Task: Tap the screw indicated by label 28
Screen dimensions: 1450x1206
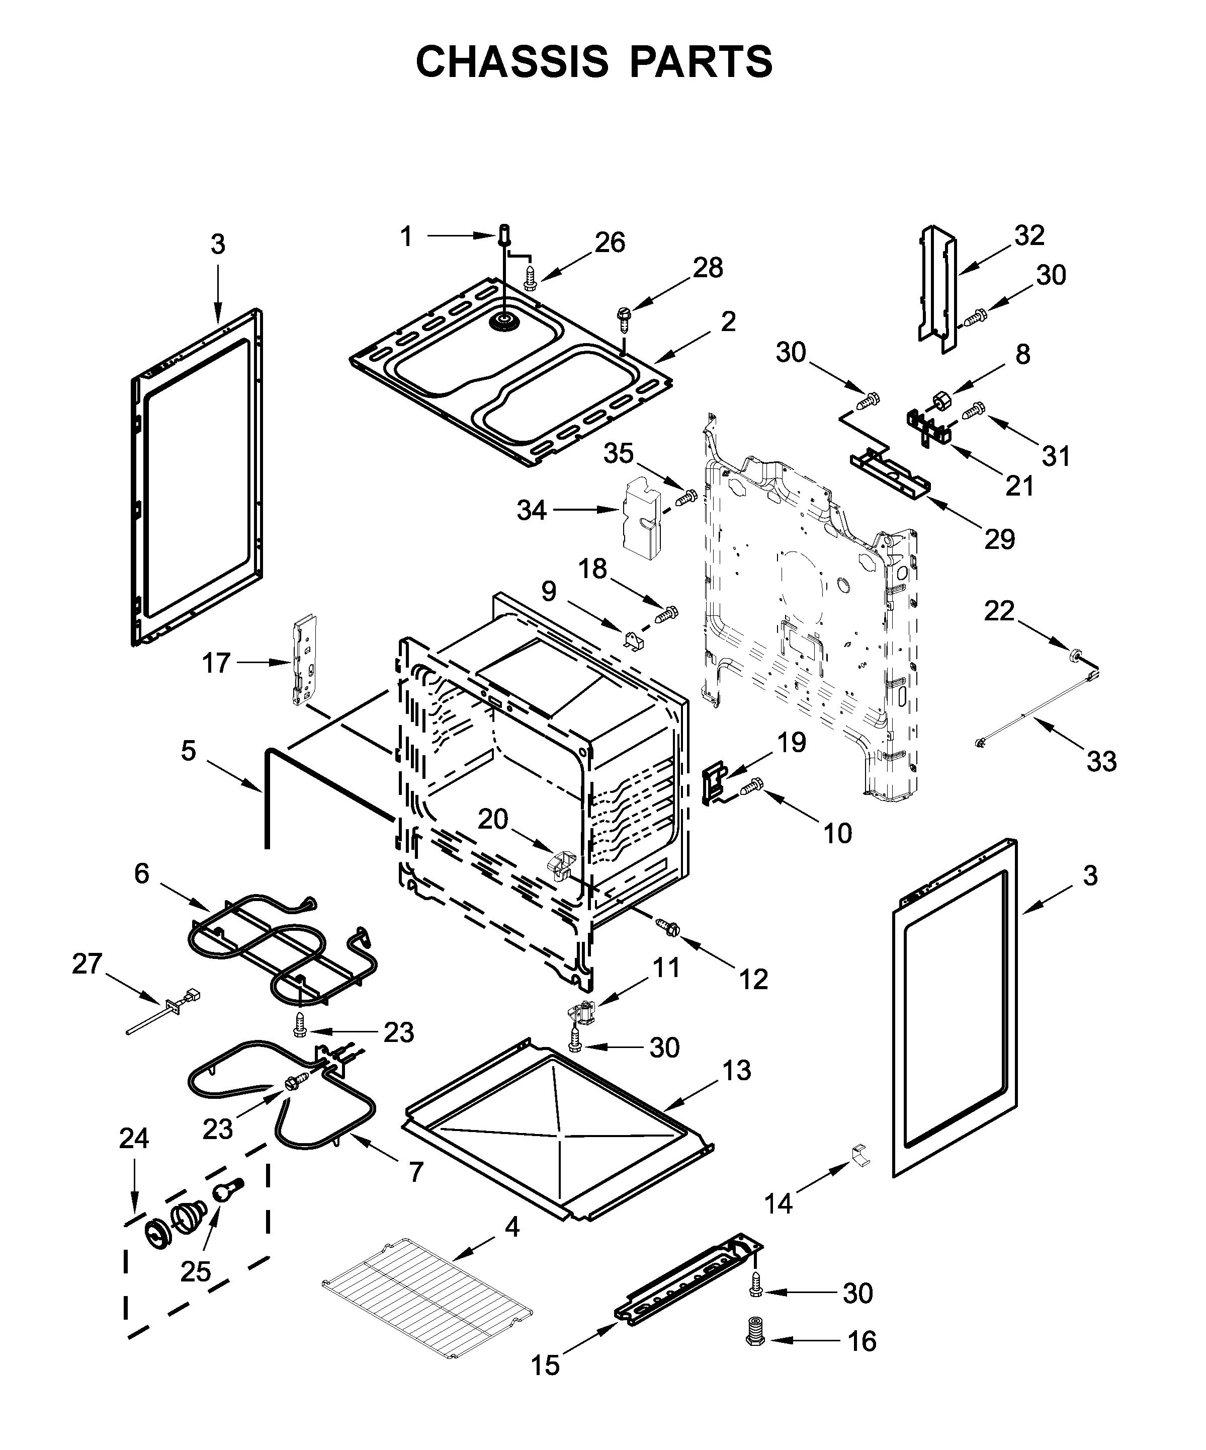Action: pos(623,317)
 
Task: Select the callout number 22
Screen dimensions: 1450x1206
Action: pos(999,610)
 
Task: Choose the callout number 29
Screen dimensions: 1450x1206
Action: pos(999,538)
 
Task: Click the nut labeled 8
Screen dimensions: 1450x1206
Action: pos(941,401)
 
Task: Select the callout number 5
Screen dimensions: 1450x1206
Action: pos(189,751)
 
